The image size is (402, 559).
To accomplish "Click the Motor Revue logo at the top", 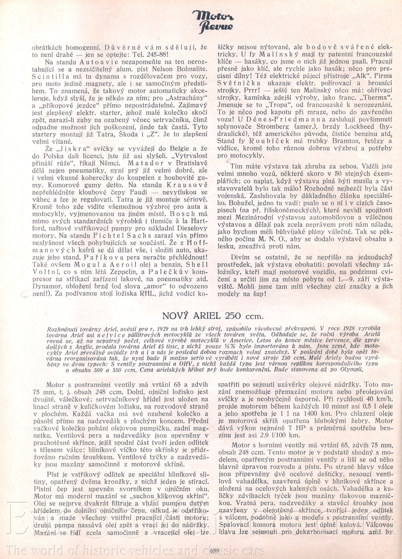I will pos(213,21).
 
